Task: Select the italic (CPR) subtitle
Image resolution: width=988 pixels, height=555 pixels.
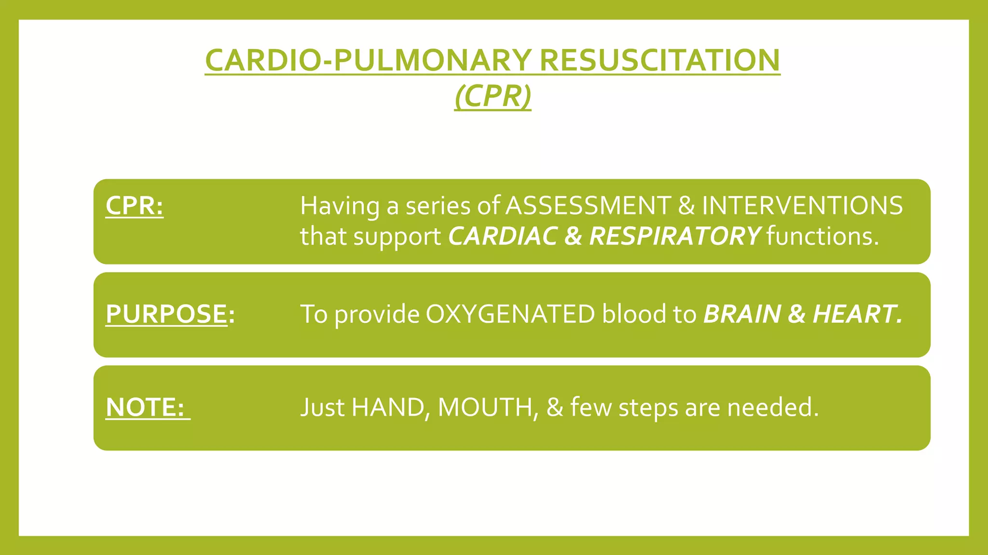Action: pos(493,96)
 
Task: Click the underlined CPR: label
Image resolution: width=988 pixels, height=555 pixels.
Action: pos(134,206)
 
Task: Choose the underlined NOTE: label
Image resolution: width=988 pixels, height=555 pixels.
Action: pos(147,408)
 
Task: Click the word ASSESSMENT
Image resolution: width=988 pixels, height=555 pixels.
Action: pos(588,206)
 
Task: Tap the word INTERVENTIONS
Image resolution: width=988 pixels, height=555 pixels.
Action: pos(802,206)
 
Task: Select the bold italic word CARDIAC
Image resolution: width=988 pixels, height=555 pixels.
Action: pos(502,237)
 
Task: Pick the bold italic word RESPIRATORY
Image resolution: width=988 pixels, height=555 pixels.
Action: pos(674,237)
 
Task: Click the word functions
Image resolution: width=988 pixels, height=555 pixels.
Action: pos(823,237)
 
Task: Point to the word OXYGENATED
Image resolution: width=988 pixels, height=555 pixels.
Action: pos(510,314)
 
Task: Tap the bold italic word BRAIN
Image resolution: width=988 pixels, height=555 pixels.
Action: pos(741,314)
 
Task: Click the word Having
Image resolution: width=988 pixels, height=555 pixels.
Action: pos(340,207)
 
